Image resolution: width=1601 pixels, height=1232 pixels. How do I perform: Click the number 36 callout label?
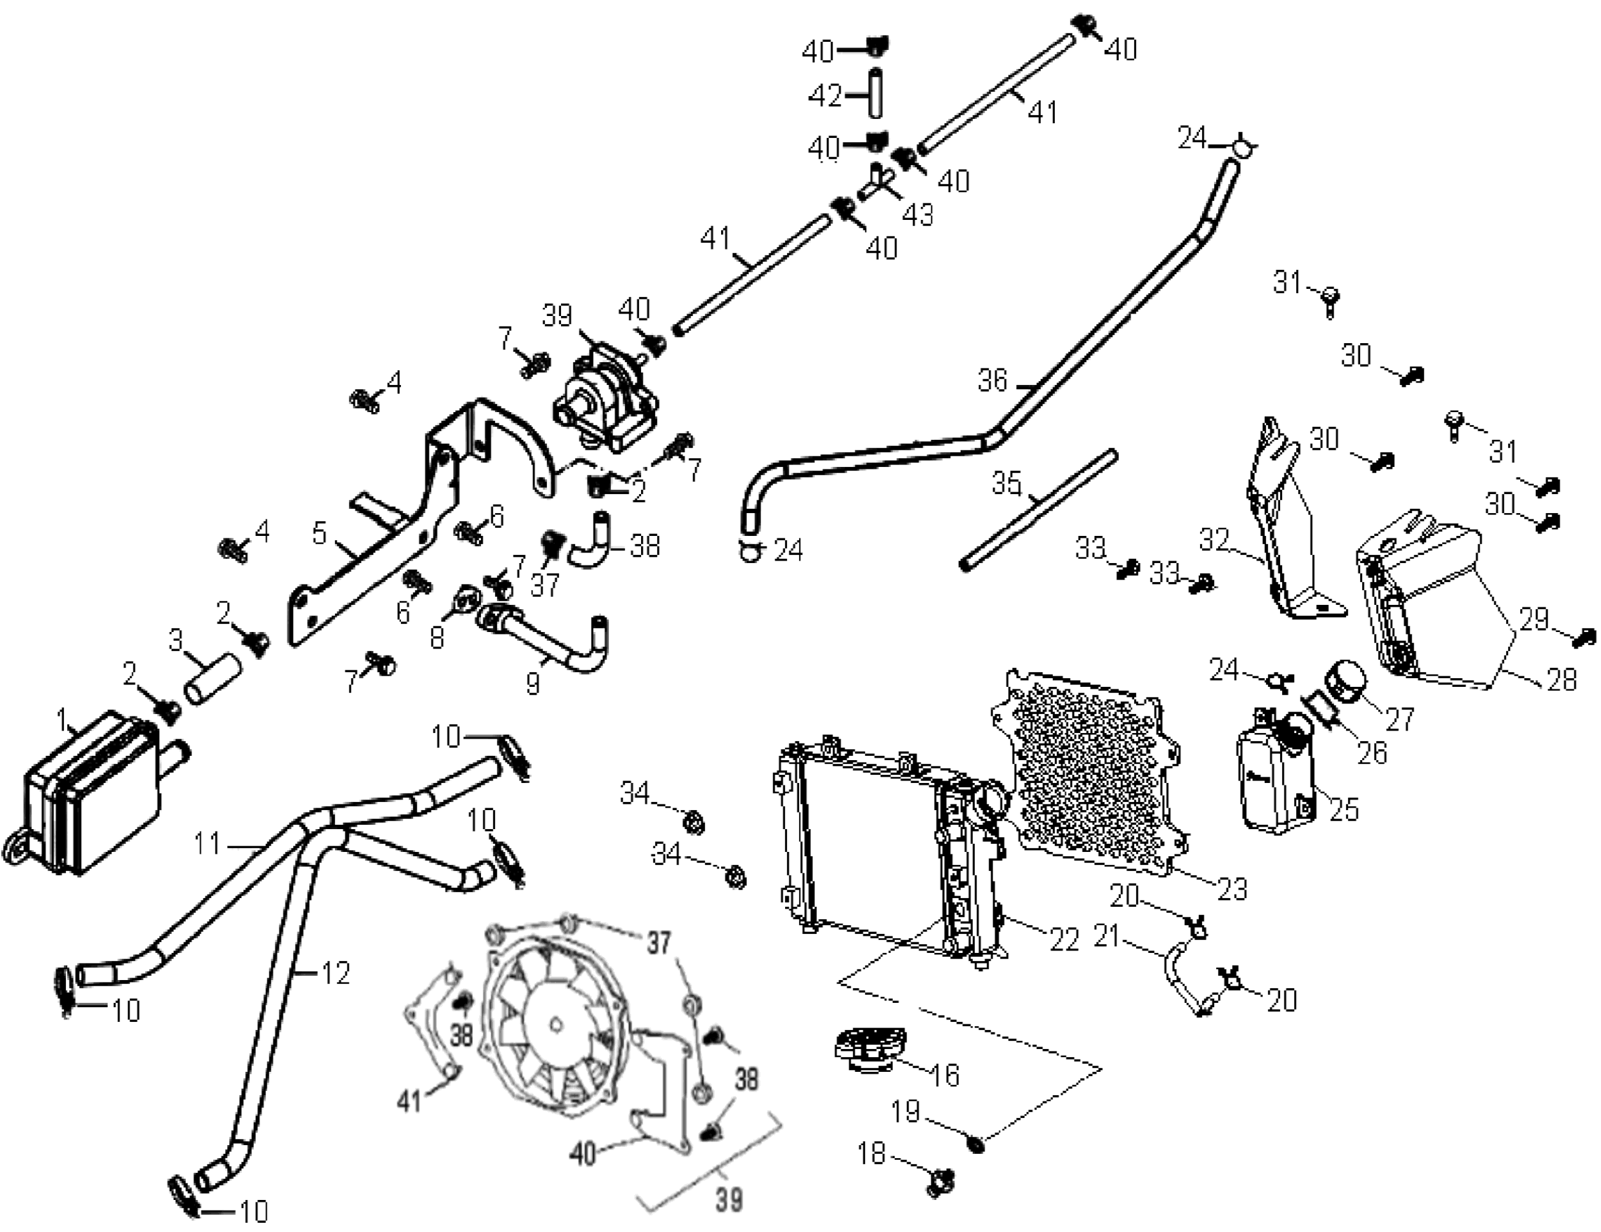point(993,381)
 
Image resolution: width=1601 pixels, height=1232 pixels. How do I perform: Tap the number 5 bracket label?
point(319,535)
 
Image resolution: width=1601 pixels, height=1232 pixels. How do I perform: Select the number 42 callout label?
point(825,96)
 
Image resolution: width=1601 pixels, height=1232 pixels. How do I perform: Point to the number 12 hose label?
point(336,974)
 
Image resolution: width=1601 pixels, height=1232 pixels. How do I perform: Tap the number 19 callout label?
point(905,1112)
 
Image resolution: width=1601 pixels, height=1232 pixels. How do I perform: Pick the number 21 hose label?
point(1107,936)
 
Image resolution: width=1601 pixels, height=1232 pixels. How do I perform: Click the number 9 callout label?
point(533,684)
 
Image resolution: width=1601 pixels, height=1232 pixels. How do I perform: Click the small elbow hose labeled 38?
point(594,546)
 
